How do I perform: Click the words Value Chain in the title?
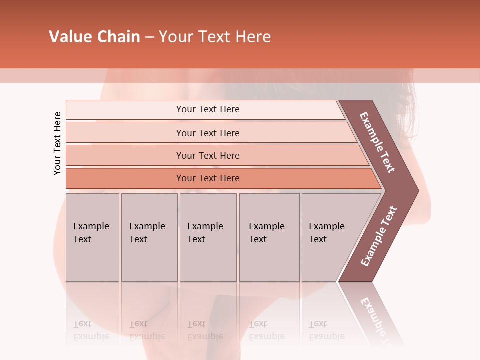(94, 37)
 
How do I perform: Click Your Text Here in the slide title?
(215, 37)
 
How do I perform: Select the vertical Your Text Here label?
(57, 143)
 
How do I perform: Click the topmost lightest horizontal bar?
(207, 109)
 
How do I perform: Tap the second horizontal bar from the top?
(207, 133)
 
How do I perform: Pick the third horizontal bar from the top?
(207, 155)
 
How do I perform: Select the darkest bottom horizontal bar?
(207, 178)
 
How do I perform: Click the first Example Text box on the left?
(92, 237)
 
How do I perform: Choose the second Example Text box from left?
(149, 237)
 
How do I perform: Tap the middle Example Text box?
(208, 237)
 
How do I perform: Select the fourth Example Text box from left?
(269, 237)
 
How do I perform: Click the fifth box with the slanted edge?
(330, 237)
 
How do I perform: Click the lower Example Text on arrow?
(379, 236)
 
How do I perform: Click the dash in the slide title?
(149, 37)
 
